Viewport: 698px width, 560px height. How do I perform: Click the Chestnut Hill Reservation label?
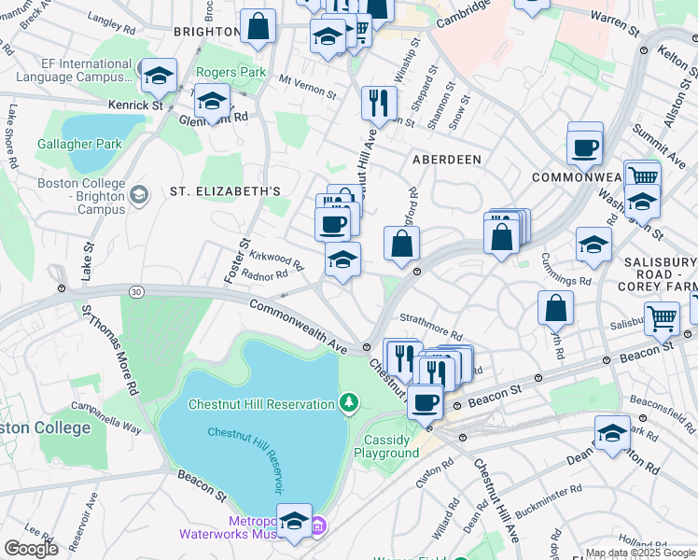(261, 404)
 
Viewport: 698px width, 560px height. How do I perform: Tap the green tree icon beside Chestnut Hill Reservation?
(349, 403)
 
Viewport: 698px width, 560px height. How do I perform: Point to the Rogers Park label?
(230, 72)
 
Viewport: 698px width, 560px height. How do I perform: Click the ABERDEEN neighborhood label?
(447, 160)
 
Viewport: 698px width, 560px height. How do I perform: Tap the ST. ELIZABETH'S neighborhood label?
(225, 191)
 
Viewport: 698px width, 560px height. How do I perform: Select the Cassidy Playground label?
(386, 446)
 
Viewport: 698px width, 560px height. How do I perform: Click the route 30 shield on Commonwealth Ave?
(137, 292)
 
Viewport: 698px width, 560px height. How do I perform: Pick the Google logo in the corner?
(31, 549)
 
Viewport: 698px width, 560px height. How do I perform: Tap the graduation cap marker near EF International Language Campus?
(160, 74)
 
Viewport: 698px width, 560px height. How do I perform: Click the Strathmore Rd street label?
(431, 329)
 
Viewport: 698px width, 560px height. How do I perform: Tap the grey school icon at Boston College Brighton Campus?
(139, 194)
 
